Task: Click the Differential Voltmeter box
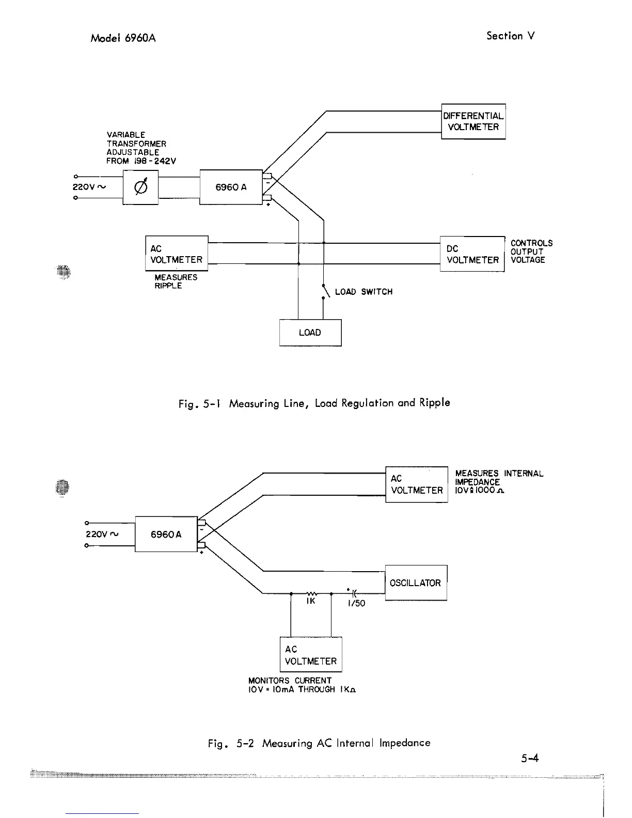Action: click(473, 121)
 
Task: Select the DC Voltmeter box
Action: click(472, 254)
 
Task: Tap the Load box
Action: click(310, 333)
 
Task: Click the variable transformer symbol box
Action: click(140, 187)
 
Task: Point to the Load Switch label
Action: click(364, 292)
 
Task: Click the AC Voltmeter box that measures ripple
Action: click(177, 254)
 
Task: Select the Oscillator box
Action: click(416, 583)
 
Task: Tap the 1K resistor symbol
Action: click(311, 594)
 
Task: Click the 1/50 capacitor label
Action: click(356, 603)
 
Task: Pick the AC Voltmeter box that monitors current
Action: click(310, 655)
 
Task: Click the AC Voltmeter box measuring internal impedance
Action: click(416, 484)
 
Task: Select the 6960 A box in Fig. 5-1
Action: click(231, 187)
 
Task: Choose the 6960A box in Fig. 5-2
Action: click(166, 534)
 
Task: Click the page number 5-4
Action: click(530, 759)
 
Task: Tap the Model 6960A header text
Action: click(123, 38)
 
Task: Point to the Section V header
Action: click(510, 36)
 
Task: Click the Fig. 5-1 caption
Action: click(314, 403)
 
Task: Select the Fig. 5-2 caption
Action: click(319, 743)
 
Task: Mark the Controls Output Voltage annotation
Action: click(531, 251)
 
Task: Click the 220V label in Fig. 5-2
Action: click(102, 534)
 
